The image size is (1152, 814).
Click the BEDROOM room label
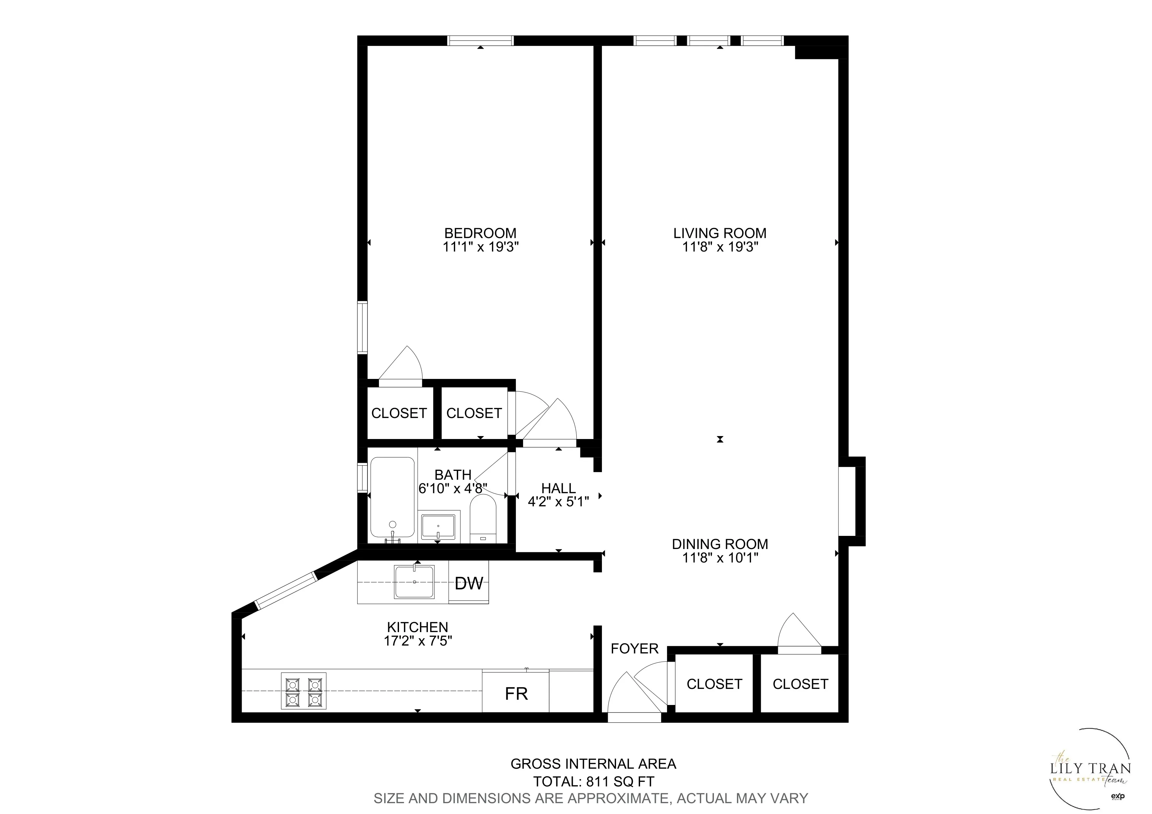tap(480, 233)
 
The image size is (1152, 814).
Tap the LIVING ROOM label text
tap(720, 233)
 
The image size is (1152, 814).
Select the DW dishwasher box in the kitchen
tap(469, 583)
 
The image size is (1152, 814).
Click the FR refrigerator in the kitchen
tap(516, 693)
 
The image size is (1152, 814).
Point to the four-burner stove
tap(303, 692)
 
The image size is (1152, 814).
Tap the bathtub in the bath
tap(392, 496)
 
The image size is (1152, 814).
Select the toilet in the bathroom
tap(483, 518)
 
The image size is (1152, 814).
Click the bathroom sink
tap(438, 526)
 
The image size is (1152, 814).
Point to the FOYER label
tap(634, 649)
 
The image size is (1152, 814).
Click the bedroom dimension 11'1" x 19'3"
tap(480, 247)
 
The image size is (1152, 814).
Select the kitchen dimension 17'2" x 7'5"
tap(418, 641)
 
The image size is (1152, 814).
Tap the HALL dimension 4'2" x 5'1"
tap(558, 501)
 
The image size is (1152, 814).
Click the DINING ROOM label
tap(720, 544)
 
